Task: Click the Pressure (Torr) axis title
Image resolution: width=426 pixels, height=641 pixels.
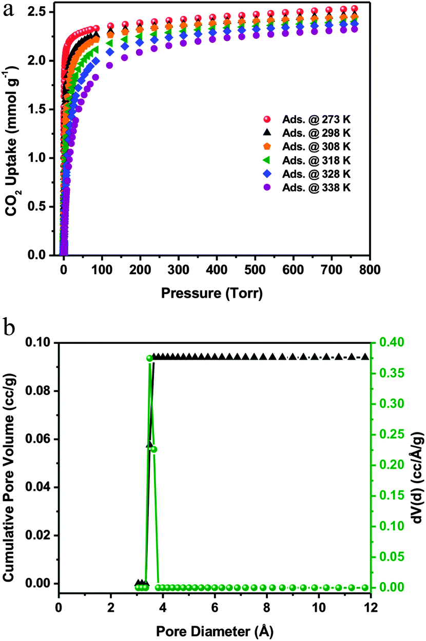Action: tap(211, 294)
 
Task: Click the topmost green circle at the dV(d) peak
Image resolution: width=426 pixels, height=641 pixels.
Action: tap(150, 359)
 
